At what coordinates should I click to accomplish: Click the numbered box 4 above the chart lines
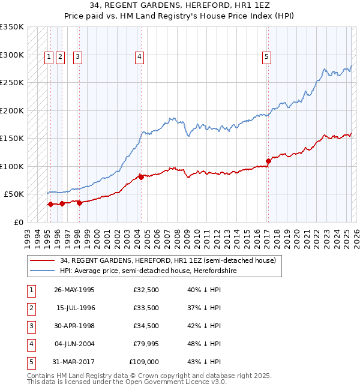(139, 57)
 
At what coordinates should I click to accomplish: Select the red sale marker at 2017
(268, 161)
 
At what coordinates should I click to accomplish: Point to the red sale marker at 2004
(141, 177)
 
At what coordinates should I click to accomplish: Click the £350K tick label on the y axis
(12, 27)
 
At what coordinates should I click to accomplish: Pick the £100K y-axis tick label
(12, 166)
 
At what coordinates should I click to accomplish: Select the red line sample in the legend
(43, 261)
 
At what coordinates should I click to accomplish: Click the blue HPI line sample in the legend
(43, 271)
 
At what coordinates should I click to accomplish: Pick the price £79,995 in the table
(147, 344)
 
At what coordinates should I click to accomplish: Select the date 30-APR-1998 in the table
(74, 326)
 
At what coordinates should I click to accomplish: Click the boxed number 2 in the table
(31, 308)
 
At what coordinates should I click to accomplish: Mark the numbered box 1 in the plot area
(49, 57)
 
